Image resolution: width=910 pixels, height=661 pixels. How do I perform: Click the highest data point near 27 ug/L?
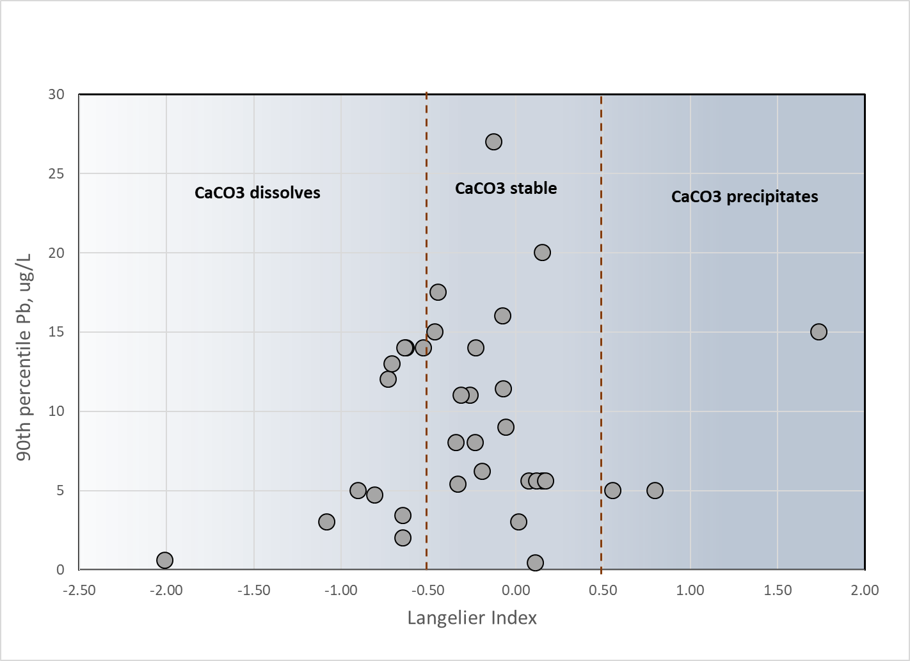(x=493, y=142)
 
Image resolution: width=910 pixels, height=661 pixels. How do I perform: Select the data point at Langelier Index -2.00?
(x=164, y=561)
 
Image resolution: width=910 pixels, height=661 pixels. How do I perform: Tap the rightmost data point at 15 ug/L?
(x=818, y=332)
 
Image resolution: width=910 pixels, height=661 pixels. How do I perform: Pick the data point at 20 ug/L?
(x=542, y=253)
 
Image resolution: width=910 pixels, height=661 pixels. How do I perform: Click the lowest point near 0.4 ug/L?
(x=535, y=562)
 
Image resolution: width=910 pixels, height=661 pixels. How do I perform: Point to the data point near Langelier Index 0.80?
(x=655, y=490)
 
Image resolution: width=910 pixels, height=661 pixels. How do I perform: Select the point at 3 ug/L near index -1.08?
(x=326, y=522)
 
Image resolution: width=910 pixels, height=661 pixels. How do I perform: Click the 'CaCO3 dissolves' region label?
(x=257, y=193)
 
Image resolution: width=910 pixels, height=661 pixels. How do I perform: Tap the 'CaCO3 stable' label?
(x=506, y=188)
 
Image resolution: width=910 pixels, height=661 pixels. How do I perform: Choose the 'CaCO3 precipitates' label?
(x=745, y=196)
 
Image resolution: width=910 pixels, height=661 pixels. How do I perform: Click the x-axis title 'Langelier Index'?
(x=472, y=618)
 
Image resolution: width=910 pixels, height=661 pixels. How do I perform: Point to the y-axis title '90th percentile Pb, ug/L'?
(x=24, y=357)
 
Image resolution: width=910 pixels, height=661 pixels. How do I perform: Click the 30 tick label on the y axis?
(x=56, y=94)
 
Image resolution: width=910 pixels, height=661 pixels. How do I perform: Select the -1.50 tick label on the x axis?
(x=254, y=590)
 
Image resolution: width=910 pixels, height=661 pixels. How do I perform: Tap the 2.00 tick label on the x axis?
(x=865, y=590)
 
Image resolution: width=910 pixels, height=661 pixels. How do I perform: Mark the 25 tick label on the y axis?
(x=56, y=173)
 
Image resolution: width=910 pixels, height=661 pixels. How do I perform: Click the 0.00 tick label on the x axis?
(x=516, y=590)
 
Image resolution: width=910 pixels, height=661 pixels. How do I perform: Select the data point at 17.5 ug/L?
(x=438, y=292)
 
